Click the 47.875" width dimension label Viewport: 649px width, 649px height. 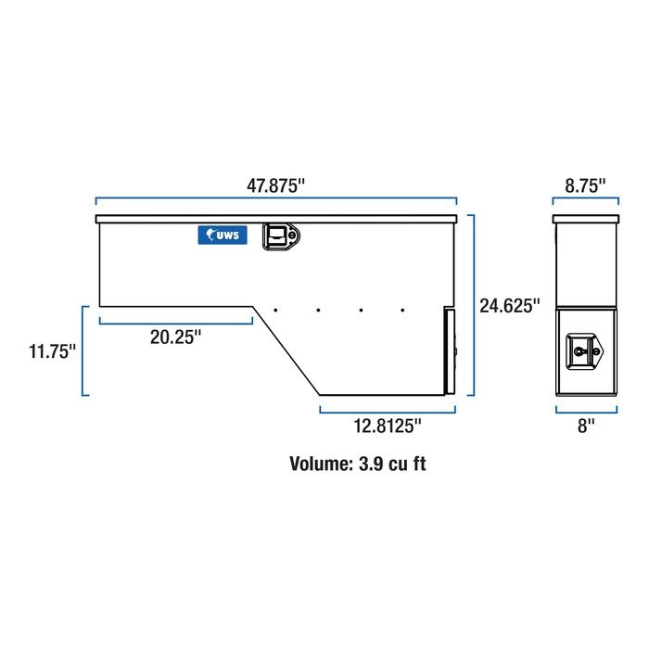(275, 185)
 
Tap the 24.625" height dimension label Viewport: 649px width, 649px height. (510, 306)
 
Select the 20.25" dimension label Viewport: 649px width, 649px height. (175, 337)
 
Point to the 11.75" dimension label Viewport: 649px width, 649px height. (52, 351)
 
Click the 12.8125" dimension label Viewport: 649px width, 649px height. (387, 426)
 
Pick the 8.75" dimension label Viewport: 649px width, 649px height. (585, 185)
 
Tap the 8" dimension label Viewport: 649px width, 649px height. (586, 426)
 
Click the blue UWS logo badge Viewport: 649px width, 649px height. (223, 235)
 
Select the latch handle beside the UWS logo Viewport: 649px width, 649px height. (281, 236)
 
